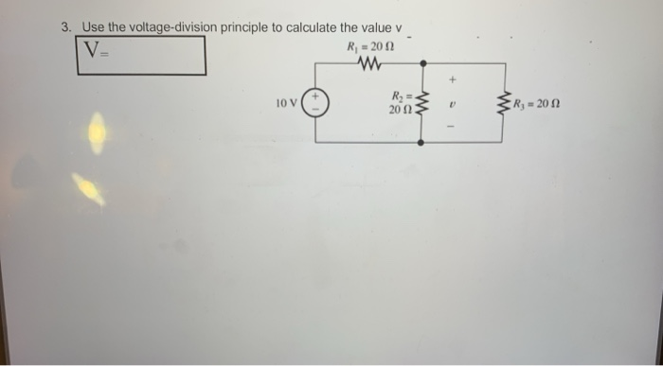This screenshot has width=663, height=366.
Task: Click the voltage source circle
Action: coord(314,102)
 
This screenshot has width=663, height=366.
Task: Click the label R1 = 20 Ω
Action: coord(365,47)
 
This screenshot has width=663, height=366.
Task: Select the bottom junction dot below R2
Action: coord(422,142)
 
